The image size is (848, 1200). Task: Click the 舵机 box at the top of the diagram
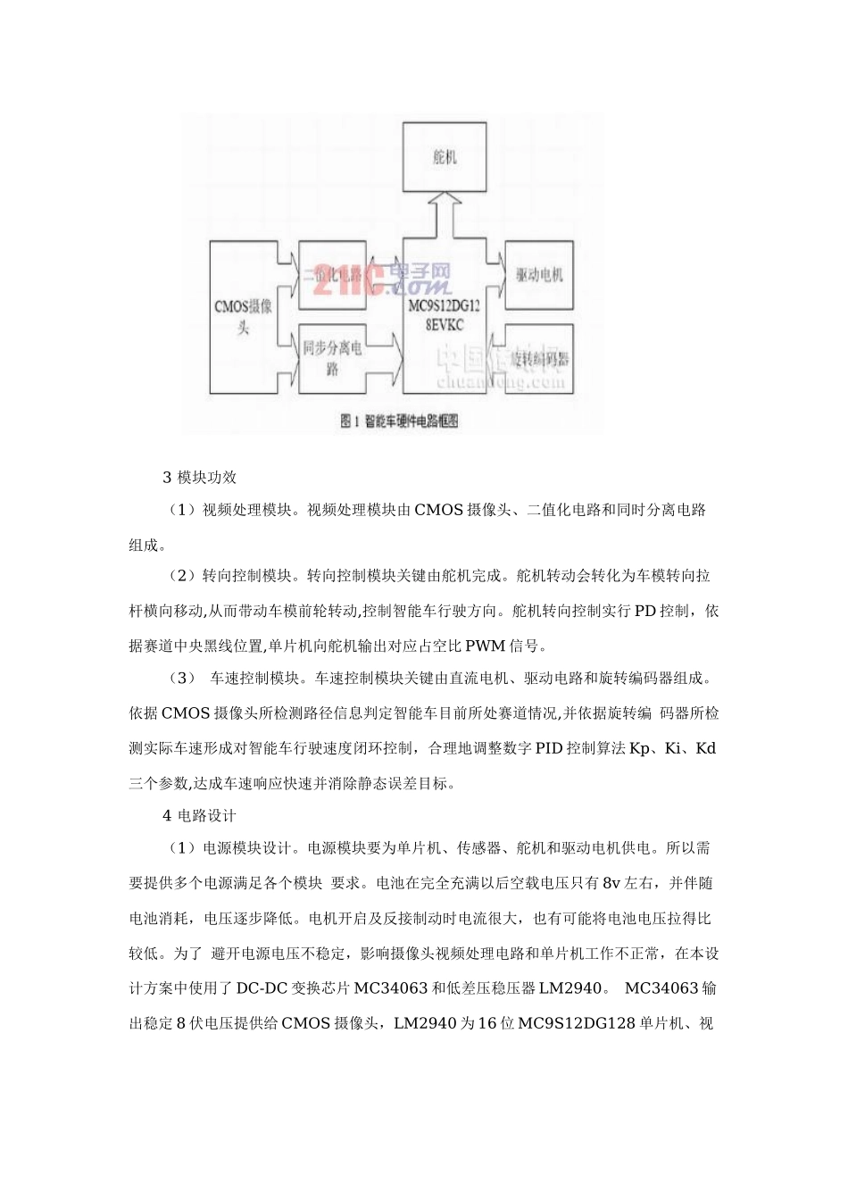point(445,156)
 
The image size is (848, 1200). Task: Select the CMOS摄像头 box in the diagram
point(244,316)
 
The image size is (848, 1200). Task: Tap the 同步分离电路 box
point(334,358)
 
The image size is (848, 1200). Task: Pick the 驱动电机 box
point(539,274)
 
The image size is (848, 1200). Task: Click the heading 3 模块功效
point(200,477)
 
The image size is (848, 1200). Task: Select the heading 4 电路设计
point(200,790)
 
